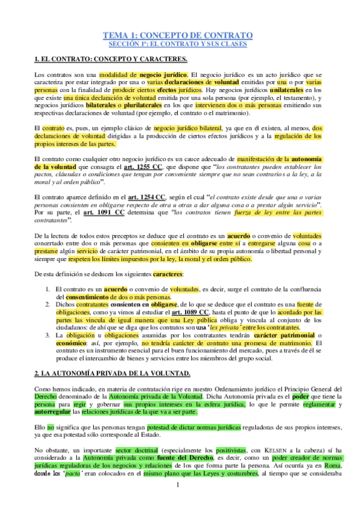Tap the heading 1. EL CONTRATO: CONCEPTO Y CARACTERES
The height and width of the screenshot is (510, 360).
pos(111,58)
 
